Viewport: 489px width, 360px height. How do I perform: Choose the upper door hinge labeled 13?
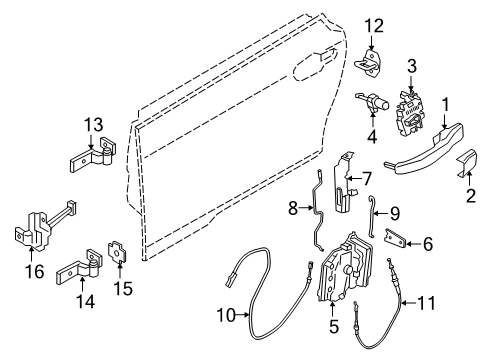coord(96,158)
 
